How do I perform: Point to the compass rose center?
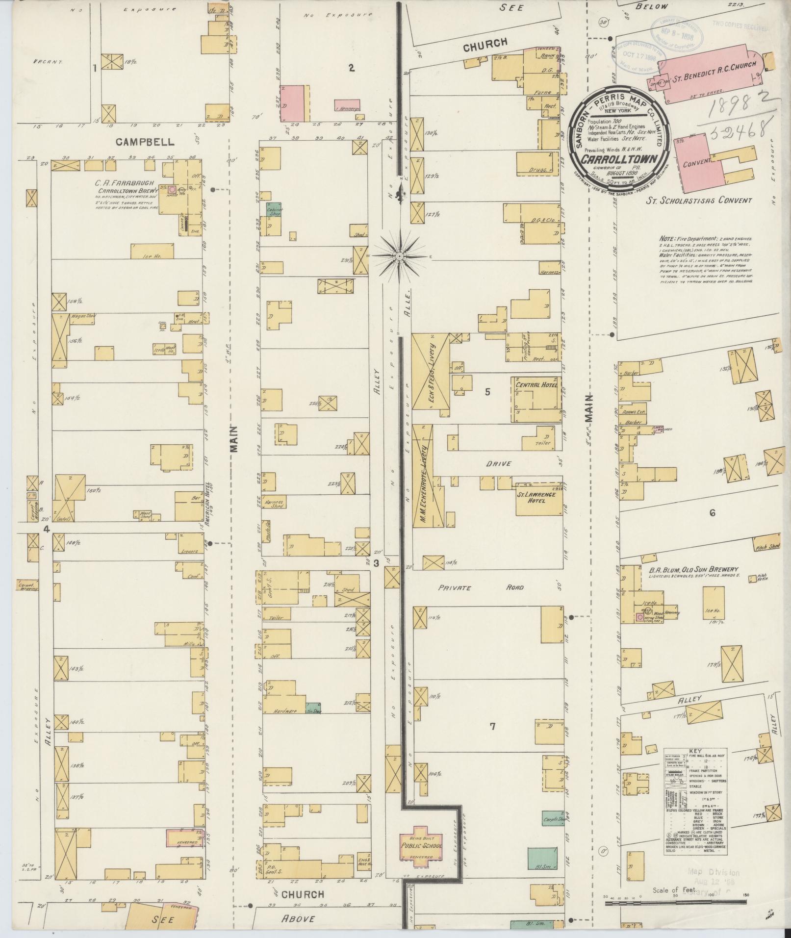coord(400,256)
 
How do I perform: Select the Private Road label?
coord(481,587)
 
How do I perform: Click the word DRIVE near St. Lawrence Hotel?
coord(500,463)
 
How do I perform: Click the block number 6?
coord(712,513)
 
